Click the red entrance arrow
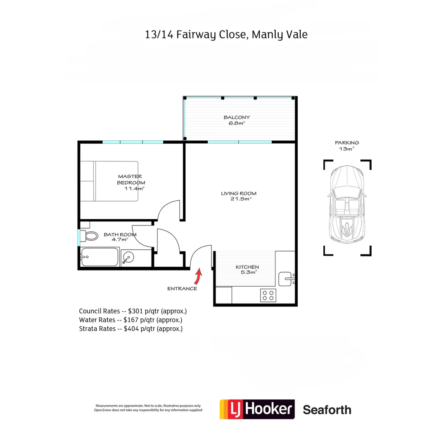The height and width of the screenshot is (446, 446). pos(198,276)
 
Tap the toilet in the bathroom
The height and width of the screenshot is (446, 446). pos(90,236)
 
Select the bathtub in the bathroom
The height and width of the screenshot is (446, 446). pos(100,258)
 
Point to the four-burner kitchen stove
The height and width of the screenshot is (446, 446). pos(268,295)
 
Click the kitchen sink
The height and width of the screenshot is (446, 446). pos(286,279)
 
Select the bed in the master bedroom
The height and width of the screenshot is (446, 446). pos(109,181)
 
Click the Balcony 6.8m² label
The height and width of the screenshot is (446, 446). pos(237,120)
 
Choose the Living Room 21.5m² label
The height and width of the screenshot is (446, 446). pos(239,196)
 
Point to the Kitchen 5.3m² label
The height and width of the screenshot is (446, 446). pos(247,269)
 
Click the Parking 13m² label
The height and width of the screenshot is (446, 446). pos(347,145)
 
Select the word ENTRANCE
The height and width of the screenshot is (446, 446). pos(182,289)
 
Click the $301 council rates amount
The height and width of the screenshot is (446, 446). pos(136,311)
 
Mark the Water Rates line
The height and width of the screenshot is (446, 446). pos(130,320)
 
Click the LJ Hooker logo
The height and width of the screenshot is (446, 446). pos(257,409)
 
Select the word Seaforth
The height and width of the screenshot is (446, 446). pos(327,410)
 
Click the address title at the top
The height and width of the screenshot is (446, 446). pos(226,34)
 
